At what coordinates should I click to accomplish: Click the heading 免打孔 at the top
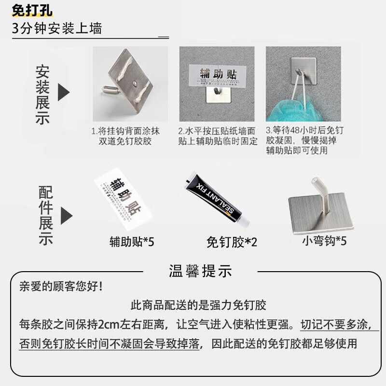coord(33,11)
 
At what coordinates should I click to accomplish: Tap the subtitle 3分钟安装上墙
coord(57,28)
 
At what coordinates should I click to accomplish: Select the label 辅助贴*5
coord(132,241)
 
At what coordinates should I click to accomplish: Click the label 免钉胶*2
coord(232,241)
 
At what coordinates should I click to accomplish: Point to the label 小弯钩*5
coord(324,240)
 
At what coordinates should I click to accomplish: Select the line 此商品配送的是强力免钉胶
coord(198,305)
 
